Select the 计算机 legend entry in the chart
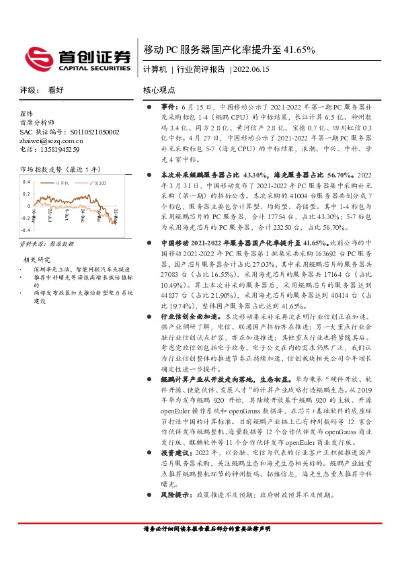point(61,181)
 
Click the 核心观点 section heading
point(159,89)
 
